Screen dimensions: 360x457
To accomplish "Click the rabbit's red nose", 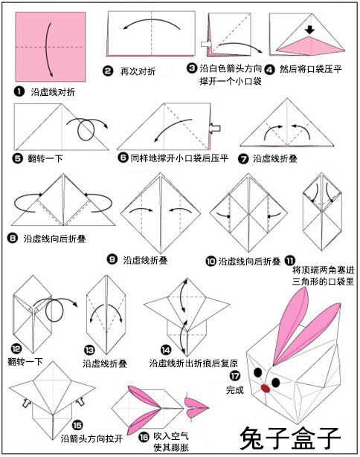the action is pyautogui.click(x=266, y=388).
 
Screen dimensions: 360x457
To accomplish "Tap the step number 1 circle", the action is pyautogui.click(x=19, y=92).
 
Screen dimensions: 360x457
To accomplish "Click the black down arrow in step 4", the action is pyautogui.click(x=310, y=30).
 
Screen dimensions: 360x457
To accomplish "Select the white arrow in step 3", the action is pyautogui.click(x=206, y=44).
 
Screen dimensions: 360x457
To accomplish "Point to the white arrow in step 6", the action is pyautogui.click(x=215, y=128).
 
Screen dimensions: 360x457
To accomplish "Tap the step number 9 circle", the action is pyautogui.click(x=112, y=259).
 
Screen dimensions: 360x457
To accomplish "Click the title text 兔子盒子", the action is pyautogui.click(x=290, y=438).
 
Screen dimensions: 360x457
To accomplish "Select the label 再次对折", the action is pyautogui.click(x=138, y=71).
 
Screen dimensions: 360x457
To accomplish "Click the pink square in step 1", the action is pyautogui.click(x=51, y=47).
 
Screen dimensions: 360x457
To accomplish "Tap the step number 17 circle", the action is pyautogui.click(x=235, y=376).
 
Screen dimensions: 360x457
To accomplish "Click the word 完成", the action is pyautogui.click(x=235, y=389).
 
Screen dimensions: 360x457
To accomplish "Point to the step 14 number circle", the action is pyautogui.click(x=166, y=350).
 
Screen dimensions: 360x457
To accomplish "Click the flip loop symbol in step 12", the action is pyautogui.click(x=54, y=311).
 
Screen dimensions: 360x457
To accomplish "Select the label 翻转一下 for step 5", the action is pyautogui.click(x=45, y=158).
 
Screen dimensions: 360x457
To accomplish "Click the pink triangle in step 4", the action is pyautogui.click(x=311, y=46).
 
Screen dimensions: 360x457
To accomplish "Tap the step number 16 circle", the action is pyautogui.click(x=144, y=437).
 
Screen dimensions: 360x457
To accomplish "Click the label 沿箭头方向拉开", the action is pyautogui.click(x=91, y=438).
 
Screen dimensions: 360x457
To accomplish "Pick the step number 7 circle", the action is pyautogui.click(x=243, y=159).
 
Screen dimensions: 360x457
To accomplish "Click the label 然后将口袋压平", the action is pyautogui.click(x=311, y=69).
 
